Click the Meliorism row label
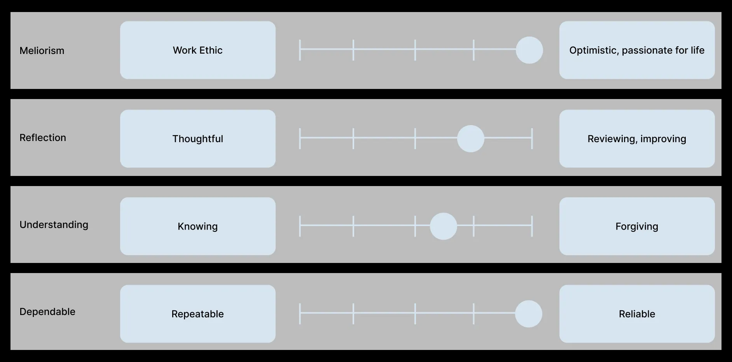coord(42,50)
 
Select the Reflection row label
coord(43,137)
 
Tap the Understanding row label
coord(54,225)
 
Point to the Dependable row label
coord(47,312)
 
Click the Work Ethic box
coord(197,50)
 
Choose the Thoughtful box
coord(197,139)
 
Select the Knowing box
coord(197,226)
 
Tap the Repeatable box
coord(197,314)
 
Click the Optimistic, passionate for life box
coord(637,50)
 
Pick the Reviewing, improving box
coord(637,139)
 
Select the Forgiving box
coord(637,226)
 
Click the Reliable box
coord(637,314)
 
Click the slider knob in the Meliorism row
coord(529,50)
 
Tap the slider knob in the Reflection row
coord(470,139)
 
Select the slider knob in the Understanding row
coord(443,226)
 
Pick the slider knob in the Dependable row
coord(528,314)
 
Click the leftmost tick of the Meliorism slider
coord(300,50)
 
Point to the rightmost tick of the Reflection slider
coord(532,138)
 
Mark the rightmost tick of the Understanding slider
coord(532,226)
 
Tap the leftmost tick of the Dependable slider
coord(300,314)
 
